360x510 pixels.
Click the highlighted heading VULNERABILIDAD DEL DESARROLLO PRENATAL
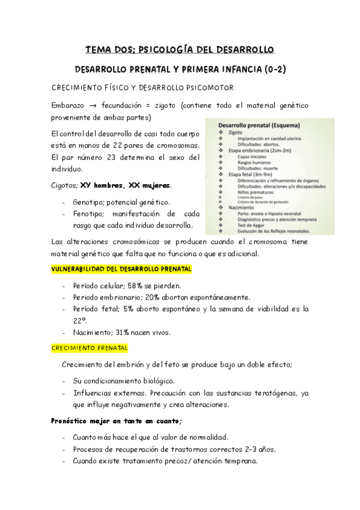pos(122,268)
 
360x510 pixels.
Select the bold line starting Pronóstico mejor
pos(117,421)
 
